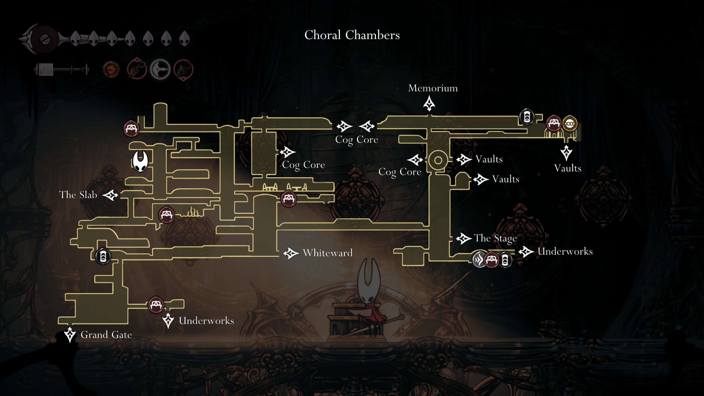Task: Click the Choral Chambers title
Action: pyautogui.click(x=352, y=35)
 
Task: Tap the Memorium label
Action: pyautogui.click(x=433, y=88)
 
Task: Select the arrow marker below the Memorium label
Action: pyautogui.click(x=429, y=104)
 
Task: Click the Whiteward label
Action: pyautogui.click(x=328, y=253)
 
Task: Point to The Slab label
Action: pyautogui.click(x=78, y=195)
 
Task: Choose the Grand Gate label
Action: pyautogui.click(x=106, y=335)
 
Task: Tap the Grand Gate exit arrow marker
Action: pyautogui.click(x=70, y=334)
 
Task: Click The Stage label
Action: pyautogui.click(x=495, y=238)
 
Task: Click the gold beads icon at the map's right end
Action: pyautogui.click(x=570, y=124)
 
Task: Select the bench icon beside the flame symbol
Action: pyautogui.click(x=166, y=215)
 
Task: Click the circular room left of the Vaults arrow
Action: pyautogui.click(x=438, y=160)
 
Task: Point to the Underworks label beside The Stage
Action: pyautogui.click(x=565, y=251)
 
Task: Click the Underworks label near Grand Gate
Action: pyautogui.click(x=206, y=321)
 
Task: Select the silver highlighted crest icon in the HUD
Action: pyautogui.click(x=160, y=69)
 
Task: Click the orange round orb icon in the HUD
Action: pyautogui.click(x=111, y=69)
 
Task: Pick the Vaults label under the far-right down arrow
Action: pyautogui.click(x=568, y=168)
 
